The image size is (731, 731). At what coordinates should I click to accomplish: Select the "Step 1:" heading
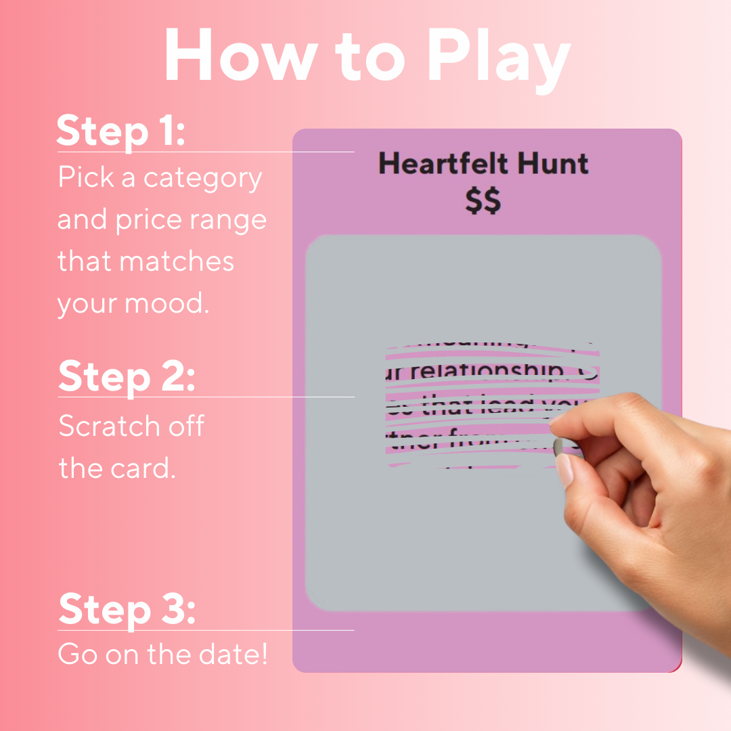pos(120,131)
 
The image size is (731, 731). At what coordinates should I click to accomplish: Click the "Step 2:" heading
pos(127,376)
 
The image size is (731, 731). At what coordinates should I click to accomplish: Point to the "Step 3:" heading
pos(127,609)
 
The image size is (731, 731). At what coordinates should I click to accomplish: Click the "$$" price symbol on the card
pos(483,200)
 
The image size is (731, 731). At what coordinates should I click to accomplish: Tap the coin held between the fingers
pos(558,447)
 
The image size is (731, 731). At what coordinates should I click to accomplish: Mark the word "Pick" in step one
pos(81,178)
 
